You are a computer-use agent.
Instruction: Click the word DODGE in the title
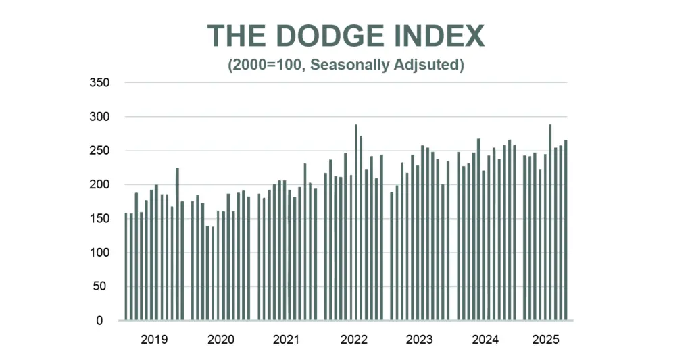tap(330, 36)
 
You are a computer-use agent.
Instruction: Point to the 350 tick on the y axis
tap(99, 82)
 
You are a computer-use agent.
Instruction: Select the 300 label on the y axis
tap(99, 116)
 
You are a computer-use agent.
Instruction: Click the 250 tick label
tap(99, 151)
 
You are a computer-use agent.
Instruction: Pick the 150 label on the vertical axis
tap(99, 218)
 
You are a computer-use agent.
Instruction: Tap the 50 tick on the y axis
tap(99, 286)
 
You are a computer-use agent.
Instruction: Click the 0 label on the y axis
tap(100, 321)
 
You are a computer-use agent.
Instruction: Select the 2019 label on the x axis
tap(154, 340)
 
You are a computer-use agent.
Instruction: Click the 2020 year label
tap(221, 340)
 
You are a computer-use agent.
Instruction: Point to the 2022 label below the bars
tap(354, 340)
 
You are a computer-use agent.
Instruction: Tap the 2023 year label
tap(419, 340)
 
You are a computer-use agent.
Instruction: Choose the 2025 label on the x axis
tap(545, 340)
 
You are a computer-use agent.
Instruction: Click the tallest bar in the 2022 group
tap(356, 222)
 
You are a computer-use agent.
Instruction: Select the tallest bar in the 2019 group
tap(178, 244)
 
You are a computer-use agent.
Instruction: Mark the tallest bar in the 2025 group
tap(550, 222)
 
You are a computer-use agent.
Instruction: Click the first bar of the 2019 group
tap(126, 267)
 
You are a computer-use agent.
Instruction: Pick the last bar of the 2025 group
tap(566, 230)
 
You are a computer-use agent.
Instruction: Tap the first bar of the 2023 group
tap(391, 257)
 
